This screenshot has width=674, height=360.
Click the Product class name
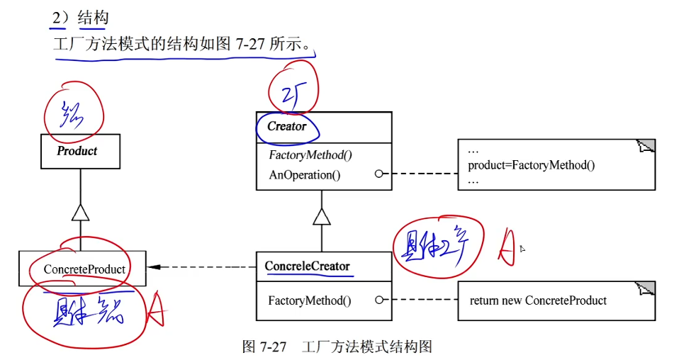tap(77, 151)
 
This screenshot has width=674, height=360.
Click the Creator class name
tap(287, 127)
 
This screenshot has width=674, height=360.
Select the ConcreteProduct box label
tap(84, 269)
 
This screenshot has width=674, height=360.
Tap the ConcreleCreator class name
tap(308, 266)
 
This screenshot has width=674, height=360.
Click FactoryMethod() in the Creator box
tap(310, 155)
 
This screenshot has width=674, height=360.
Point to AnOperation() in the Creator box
tap(304, 174)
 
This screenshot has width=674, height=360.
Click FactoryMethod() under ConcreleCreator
tap(310, 300)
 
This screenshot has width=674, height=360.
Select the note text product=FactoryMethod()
tap(531, 165)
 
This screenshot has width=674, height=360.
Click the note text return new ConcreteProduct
tap(538, 300)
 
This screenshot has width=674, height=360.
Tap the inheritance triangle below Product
tap(81, 213)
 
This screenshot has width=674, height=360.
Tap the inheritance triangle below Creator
tap(322, 216)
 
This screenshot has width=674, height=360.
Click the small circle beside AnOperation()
tap(379, 174)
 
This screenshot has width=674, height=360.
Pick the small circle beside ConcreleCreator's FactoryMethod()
tap(379, 300)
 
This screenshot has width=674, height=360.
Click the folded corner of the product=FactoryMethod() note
tap(646, 147)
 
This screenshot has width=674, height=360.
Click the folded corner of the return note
tap(646, 288)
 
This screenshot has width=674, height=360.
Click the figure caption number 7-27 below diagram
tap(273, 347)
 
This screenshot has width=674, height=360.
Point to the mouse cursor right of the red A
tap(522, 249)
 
